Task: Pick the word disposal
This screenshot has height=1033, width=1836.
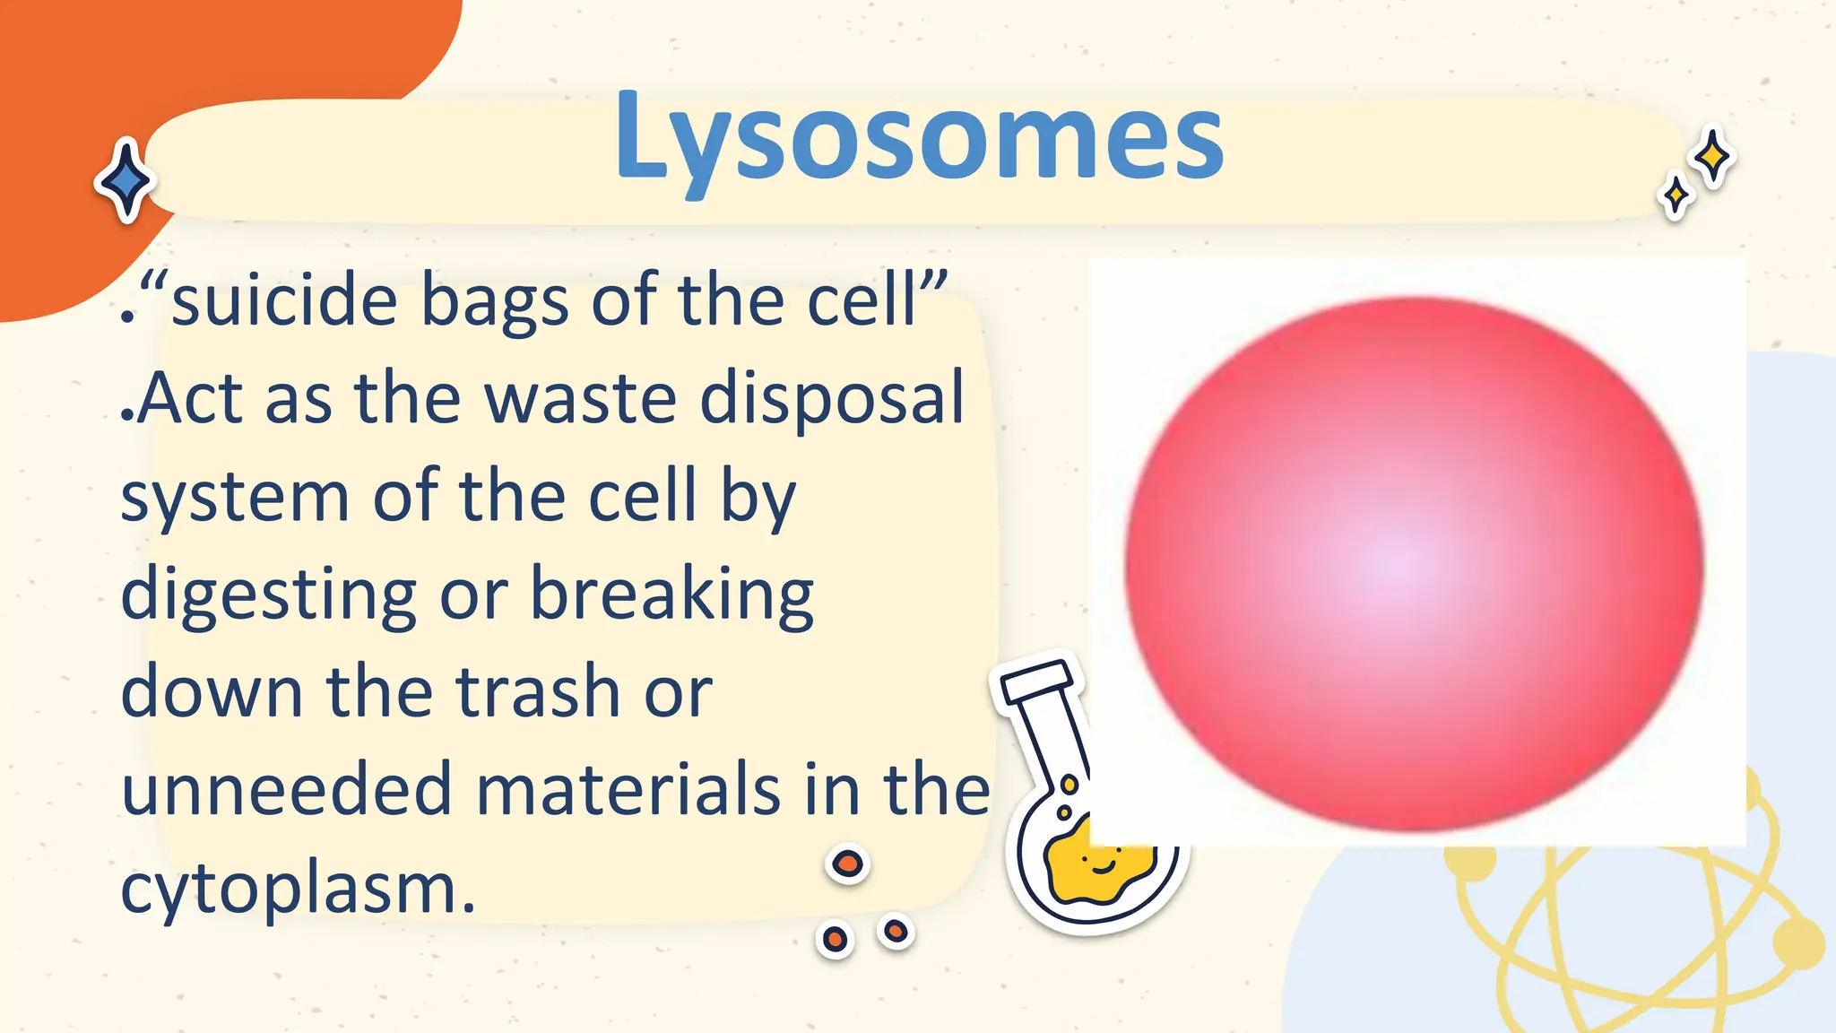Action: pyautogui.click(x=832, y=400)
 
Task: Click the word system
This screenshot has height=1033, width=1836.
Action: pyautogui.click(x=235, y=498)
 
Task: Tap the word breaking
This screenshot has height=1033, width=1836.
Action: pyautogui.click(x=671, y=594)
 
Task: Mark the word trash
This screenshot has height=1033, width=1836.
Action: pyautogui.click(x=539, y=691)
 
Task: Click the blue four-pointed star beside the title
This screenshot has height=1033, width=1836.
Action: pyautogui.click(x=126, y=181)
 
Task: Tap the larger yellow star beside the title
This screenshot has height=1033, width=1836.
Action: pyautogui.click(x=1713, y=157)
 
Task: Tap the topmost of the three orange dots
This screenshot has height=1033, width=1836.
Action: pyautogui.click(x=847, y=864)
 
